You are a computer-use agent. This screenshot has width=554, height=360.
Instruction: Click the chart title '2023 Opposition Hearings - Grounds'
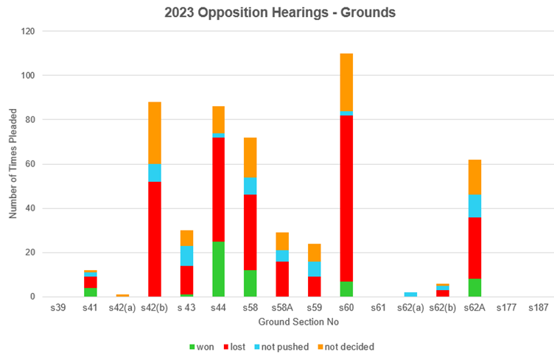[x=281, y=12]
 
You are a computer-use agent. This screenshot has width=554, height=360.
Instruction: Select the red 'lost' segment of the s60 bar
[x=346, y=198]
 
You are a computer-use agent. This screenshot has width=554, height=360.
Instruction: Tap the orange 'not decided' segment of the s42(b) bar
[x=154, y=133]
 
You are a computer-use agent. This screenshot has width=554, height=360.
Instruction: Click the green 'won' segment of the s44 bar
[x=218, y=269]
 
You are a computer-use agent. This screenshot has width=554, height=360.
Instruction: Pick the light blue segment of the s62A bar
[x=474, y=205]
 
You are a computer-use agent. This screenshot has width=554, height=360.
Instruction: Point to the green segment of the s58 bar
[x=250, y=283]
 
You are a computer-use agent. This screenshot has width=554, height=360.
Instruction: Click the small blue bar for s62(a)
[x=410, y=294]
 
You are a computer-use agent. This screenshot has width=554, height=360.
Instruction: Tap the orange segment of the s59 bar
[x=315, y=252]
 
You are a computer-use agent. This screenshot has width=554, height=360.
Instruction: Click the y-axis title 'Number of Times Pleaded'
[x=13, y=163]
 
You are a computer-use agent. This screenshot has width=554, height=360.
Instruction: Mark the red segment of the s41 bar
[x=90, y=282]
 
